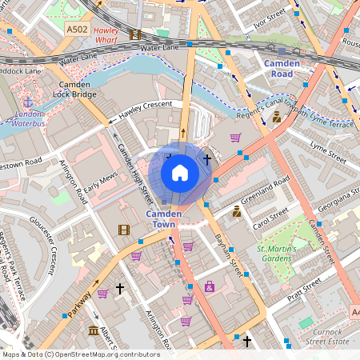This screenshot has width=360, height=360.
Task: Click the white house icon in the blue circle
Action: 180,172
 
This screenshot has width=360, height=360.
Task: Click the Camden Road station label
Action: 282,68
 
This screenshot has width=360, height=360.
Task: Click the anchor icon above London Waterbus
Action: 29,102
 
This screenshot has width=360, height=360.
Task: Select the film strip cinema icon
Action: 123,230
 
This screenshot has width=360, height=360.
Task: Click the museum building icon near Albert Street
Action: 94,330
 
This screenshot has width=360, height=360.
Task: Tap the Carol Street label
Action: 270,218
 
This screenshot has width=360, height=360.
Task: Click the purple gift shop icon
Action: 210,286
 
